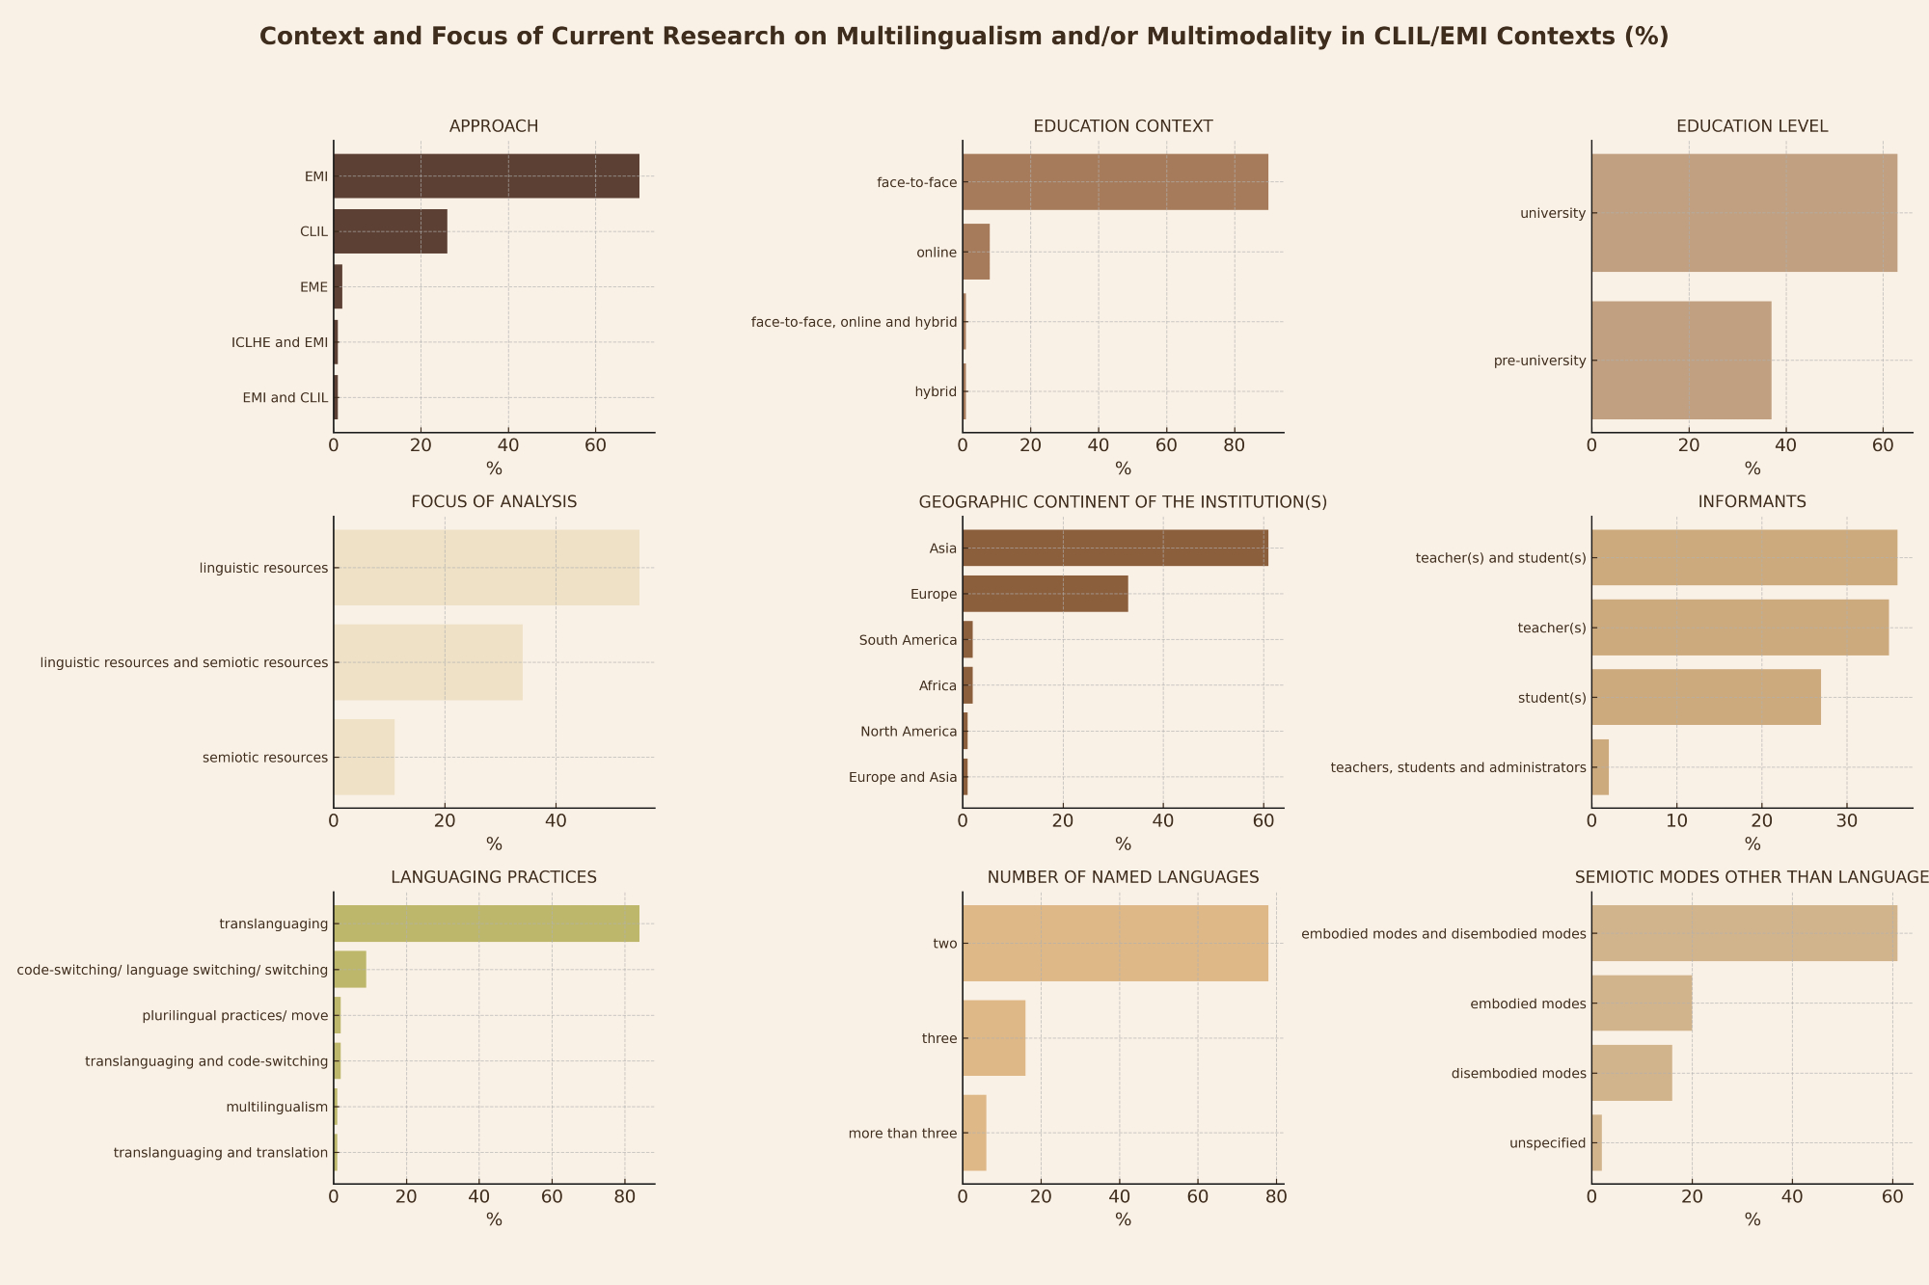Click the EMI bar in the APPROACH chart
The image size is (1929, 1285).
[x=486, y=176]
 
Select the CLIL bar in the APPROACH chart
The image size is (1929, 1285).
[x=390, y=231]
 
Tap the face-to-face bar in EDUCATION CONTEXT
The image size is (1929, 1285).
[x=1115, y=182]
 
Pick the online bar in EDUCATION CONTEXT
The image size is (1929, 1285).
[x=976, y=253]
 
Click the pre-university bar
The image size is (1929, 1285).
[x=1681, y=361]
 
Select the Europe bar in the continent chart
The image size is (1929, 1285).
[x=1045, y=594]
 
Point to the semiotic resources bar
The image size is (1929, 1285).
[x=364, y=758]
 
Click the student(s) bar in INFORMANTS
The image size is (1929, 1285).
[x=1706, y=697]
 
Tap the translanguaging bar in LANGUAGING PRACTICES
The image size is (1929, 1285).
[x=486, y=924]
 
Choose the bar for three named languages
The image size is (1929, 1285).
[x=993, y=1038]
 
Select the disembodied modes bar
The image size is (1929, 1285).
[x=1632, y=1073]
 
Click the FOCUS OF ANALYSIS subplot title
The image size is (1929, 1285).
[x=494, y=502]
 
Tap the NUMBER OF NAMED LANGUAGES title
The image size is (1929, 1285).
[x=1123, y=877]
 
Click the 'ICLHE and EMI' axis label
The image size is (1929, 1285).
[x=280, y=342]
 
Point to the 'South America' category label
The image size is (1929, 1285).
[x=908, y=640]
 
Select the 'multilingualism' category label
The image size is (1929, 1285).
[x=277, y=1107]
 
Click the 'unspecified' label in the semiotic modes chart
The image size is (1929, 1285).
[x=1547, y=1143]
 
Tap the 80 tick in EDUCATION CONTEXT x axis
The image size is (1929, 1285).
[x=1234, y=445]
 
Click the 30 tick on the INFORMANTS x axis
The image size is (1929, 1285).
[x=1847, y=821]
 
